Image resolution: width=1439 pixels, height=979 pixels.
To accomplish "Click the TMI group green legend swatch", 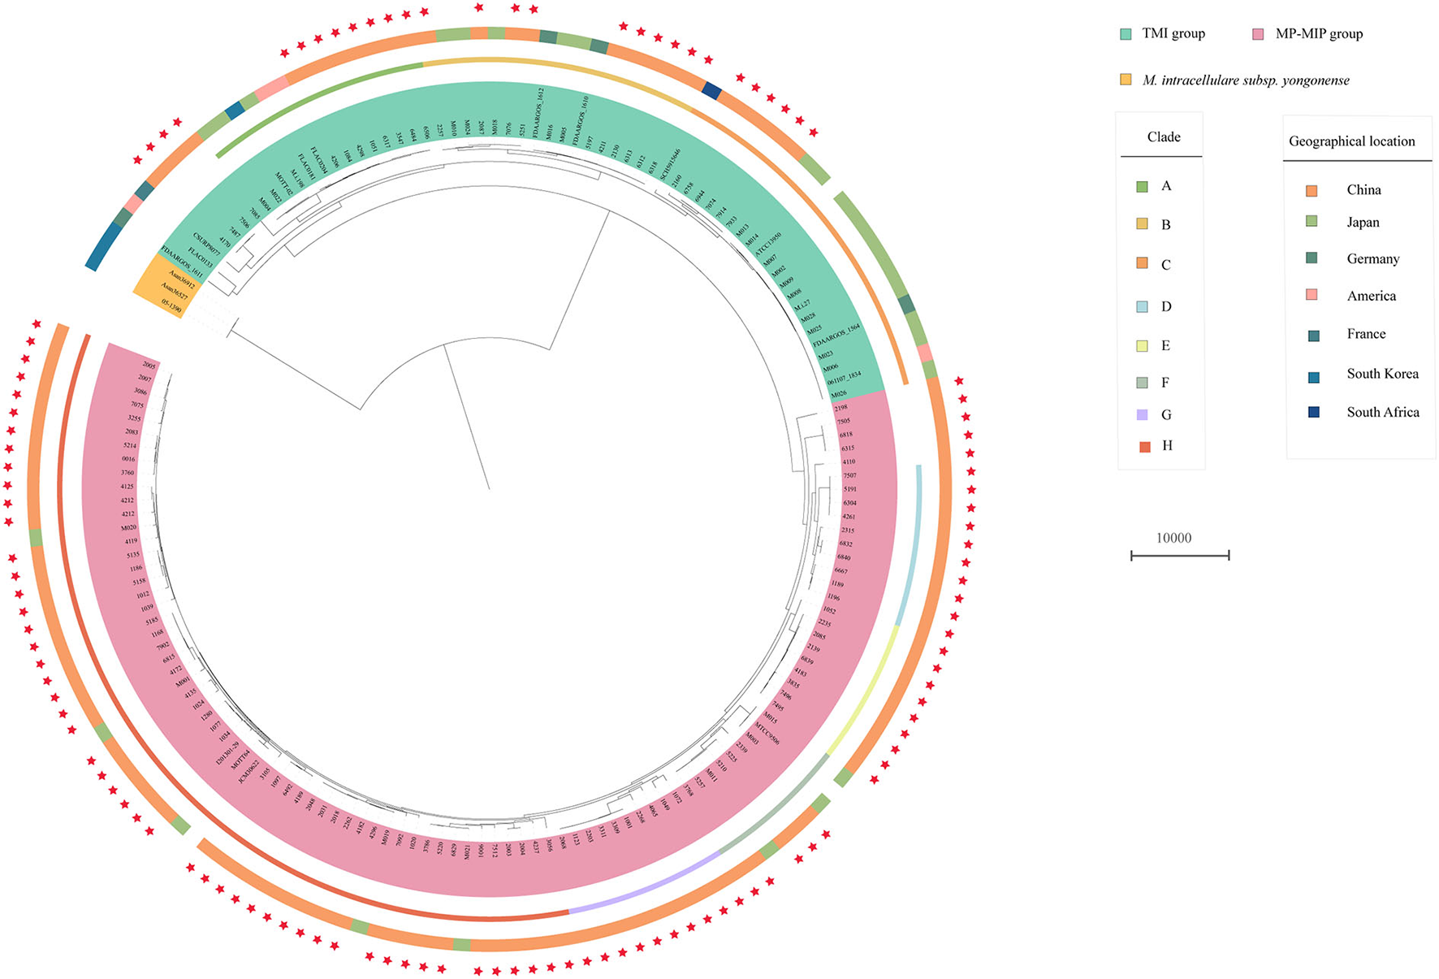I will point(1126,34).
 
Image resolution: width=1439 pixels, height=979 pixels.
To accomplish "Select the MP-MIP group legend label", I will point(1319,34).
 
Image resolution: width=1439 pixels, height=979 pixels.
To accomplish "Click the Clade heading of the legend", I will point(1163,137).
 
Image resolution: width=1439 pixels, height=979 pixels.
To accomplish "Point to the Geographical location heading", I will point(1351,141).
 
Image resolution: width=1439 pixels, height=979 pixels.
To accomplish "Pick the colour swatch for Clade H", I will point(1144,446).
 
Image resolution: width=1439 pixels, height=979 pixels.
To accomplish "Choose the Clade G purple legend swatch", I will point(1143,415).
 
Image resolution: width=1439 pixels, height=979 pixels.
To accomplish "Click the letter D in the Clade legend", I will point(1166,307).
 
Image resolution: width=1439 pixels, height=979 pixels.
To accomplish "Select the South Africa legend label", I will point(1382,413).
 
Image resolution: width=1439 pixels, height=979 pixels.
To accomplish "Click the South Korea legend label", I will point(1382,374).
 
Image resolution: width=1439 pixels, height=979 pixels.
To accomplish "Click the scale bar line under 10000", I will point(1179,556).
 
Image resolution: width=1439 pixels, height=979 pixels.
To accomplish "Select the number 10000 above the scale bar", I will point(1173,538).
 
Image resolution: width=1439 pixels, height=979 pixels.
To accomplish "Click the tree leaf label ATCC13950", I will point(768,245).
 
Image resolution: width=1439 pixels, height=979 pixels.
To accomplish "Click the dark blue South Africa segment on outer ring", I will point(711,90).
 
